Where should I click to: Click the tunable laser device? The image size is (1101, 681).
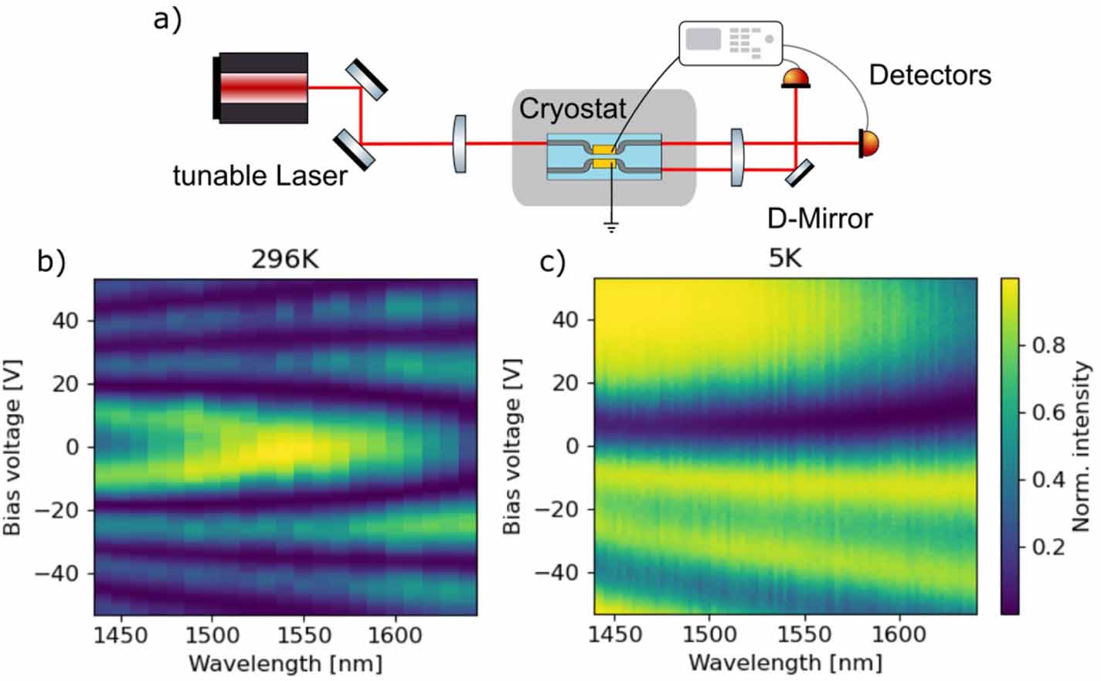coord(263,87)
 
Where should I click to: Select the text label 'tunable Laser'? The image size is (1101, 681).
coord(260,176)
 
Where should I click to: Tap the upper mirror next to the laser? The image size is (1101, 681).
coord(366,80)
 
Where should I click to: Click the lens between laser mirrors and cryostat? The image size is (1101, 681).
coord(460,144)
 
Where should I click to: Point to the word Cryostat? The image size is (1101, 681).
coord(572,109)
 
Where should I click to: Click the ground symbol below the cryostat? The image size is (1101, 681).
coord(612,226)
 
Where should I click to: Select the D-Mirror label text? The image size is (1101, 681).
coord(819,219)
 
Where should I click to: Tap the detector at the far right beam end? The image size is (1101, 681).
coord(868,144)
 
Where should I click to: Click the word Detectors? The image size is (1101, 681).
coord(929,75)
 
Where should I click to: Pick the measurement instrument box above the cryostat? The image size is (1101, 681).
coord(731,43)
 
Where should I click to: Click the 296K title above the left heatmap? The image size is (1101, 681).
coord(284,260)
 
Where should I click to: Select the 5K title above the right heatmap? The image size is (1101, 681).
coord(785,258)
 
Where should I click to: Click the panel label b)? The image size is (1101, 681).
coord(51,261)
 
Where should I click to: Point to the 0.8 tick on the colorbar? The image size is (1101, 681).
coord(1048,345)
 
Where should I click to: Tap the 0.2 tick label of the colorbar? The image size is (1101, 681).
coord(1048,547)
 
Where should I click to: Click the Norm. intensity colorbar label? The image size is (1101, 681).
coord(1081,447)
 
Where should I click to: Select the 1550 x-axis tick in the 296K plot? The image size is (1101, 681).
coord(303,636)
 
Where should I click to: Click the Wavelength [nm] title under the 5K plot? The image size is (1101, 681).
coord(785,662)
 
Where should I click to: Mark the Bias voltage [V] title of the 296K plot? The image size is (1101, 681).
coord(13,447)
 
